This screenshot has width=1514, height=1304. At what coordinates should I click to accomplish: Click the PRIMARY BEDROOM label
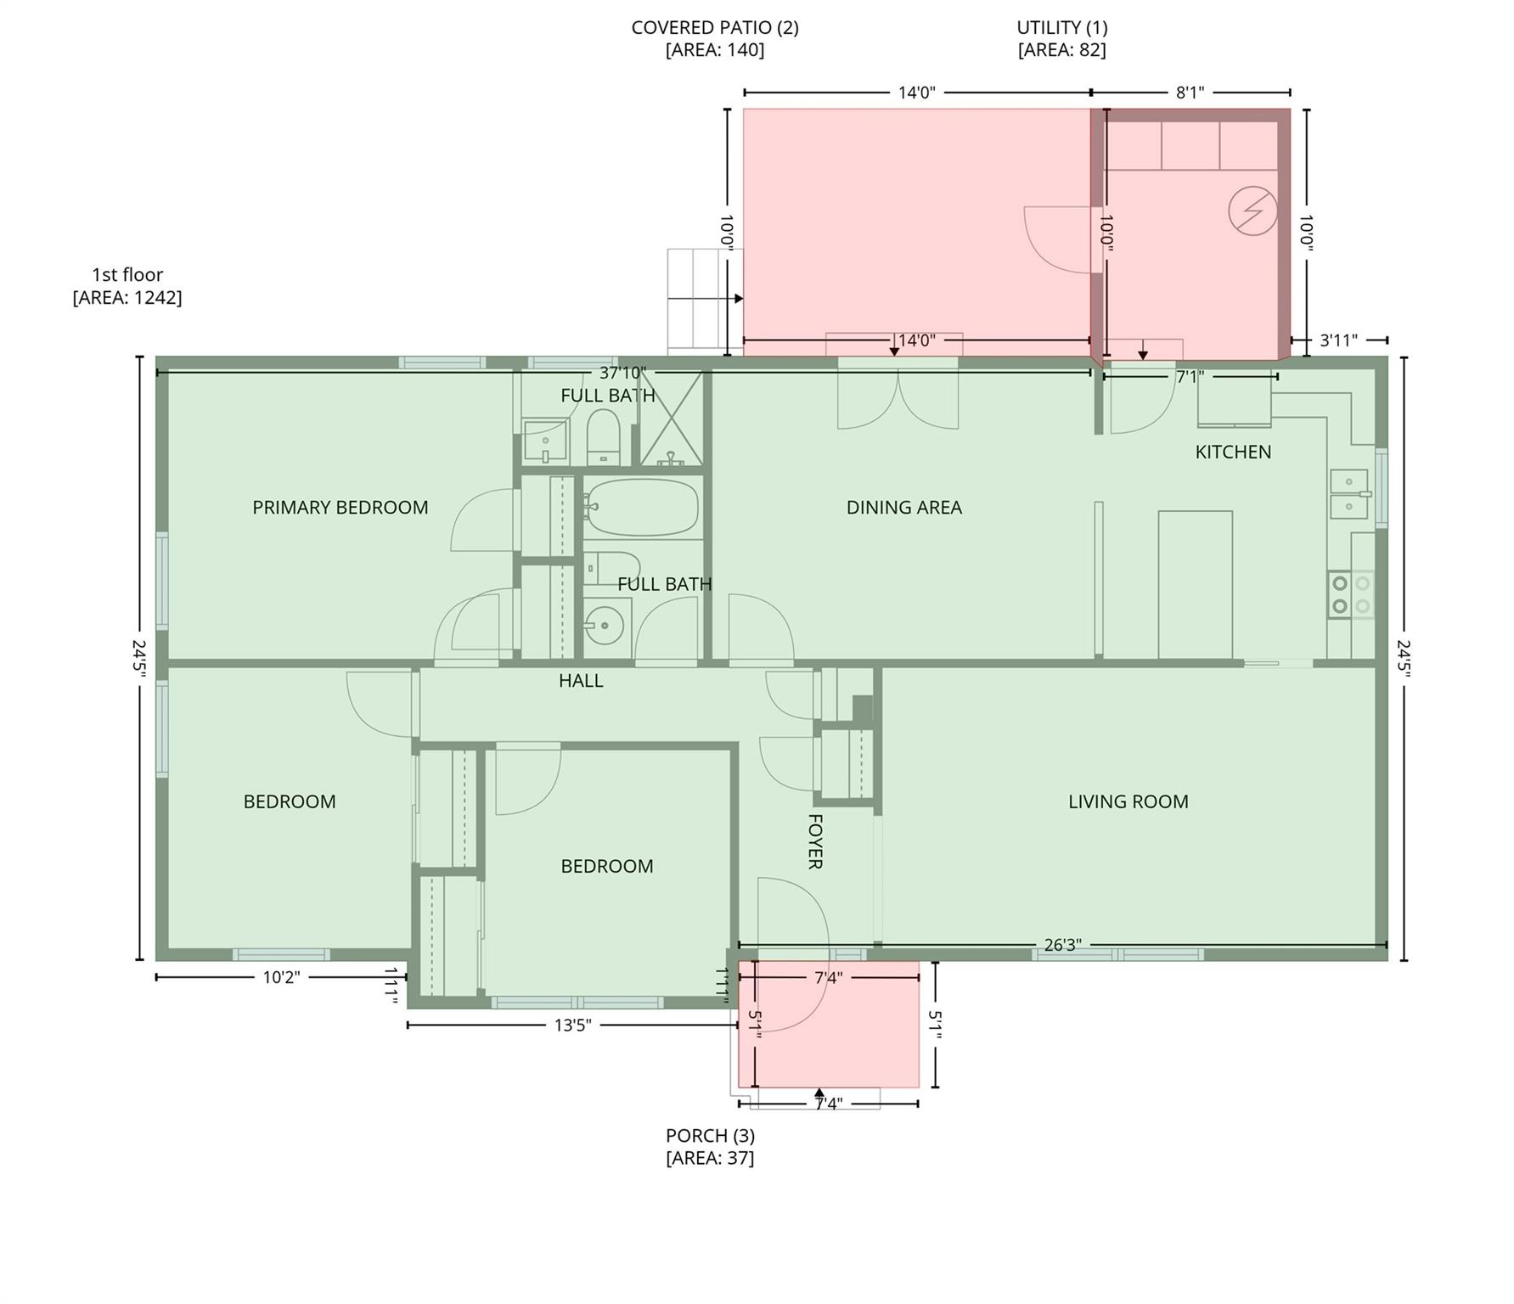[x=340, y=508]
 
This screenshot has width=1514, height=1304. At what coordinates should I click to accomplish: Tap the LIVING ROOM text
[x=1128, y=801]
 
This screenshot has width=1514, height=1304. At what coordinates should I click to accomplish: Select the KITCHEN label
[x=1233, y=452]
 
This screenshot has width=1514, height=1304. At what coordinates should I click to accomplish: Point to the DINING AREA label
[x=903, y=508]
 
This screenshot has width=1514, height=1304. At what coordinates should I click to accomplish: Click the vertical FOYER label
[x=814, y=841]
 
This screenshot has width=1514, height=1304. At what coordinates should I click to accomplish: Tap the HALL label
[x=581, y=681]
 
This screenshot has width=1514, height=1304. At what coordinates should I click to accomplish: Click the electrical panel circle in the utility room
[x=1252, y=211]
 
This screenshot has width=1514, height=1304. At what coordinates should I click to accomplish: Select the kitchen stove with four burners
[x=1350, y=594]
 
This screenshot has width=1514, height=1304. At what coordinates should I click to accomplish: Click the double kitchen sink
[x=1348, y=494]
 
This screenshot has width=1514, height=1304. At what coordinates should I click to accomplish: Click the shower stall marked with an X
[x=671, y=419]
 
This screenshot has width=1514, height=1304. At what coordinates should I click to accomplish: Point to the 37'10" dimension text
[x=622, y=373]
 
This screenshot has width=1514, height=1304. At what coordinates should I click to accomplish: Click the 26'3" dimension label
[x=1061, y=945]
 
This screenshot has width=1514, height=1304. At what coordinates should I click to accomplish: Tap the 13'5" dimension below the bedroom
[x=572, y=1026]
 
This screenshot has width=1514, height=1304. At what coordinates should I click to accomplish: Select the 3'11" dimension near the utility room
[x=1338, y=340]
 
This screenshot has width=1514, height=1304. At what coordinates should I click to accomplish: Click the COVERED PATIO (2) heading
[x=714, y=27]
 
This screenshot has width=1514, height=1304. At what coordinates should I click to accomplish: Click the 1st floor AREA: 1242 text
[x=127, y=297]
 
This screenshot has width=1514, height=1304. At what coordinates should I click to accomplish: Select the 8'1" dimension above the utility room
[x=1190, y=93]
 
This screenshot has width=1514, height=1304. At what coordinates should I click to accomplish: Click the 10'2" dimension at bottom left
[x=281, y=977]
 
